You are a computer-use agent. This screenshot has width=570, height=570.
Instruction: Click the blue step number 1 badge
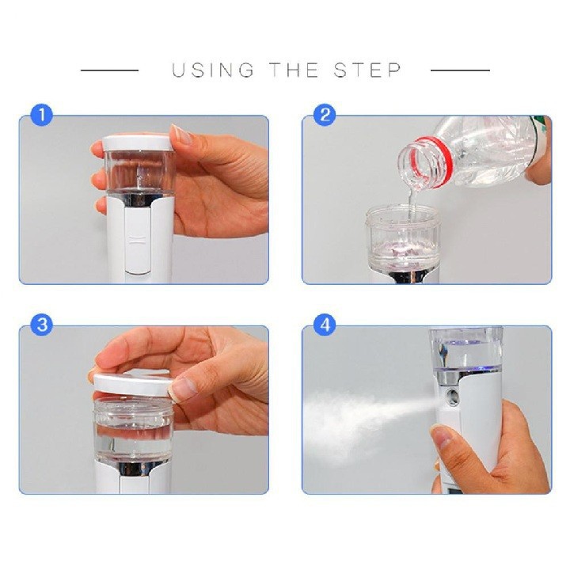coord(41,115)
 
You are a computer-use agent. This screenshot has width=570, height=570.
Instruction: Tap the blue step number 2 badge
coord(325,115)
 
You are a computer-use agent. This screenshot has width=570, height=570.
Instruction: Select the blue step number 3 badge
coord(41,325)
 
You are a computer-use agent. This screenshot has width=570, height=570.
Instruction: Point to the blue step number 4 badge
coord(325,325)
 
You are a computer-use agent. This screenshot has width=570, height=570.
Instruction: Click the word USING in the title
coord(213,70)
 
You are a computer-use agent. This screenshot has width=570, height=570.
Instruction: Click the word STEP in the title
coord(367,70)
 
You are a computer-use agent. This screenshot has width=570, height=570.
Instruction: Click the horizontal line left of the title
coord(109,70)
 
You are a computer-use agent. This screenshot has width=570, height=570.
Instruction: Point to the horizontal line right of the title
coord(460,70)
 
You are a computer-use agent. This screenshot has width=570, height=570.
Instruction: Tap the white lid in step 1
coord(138,142)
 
